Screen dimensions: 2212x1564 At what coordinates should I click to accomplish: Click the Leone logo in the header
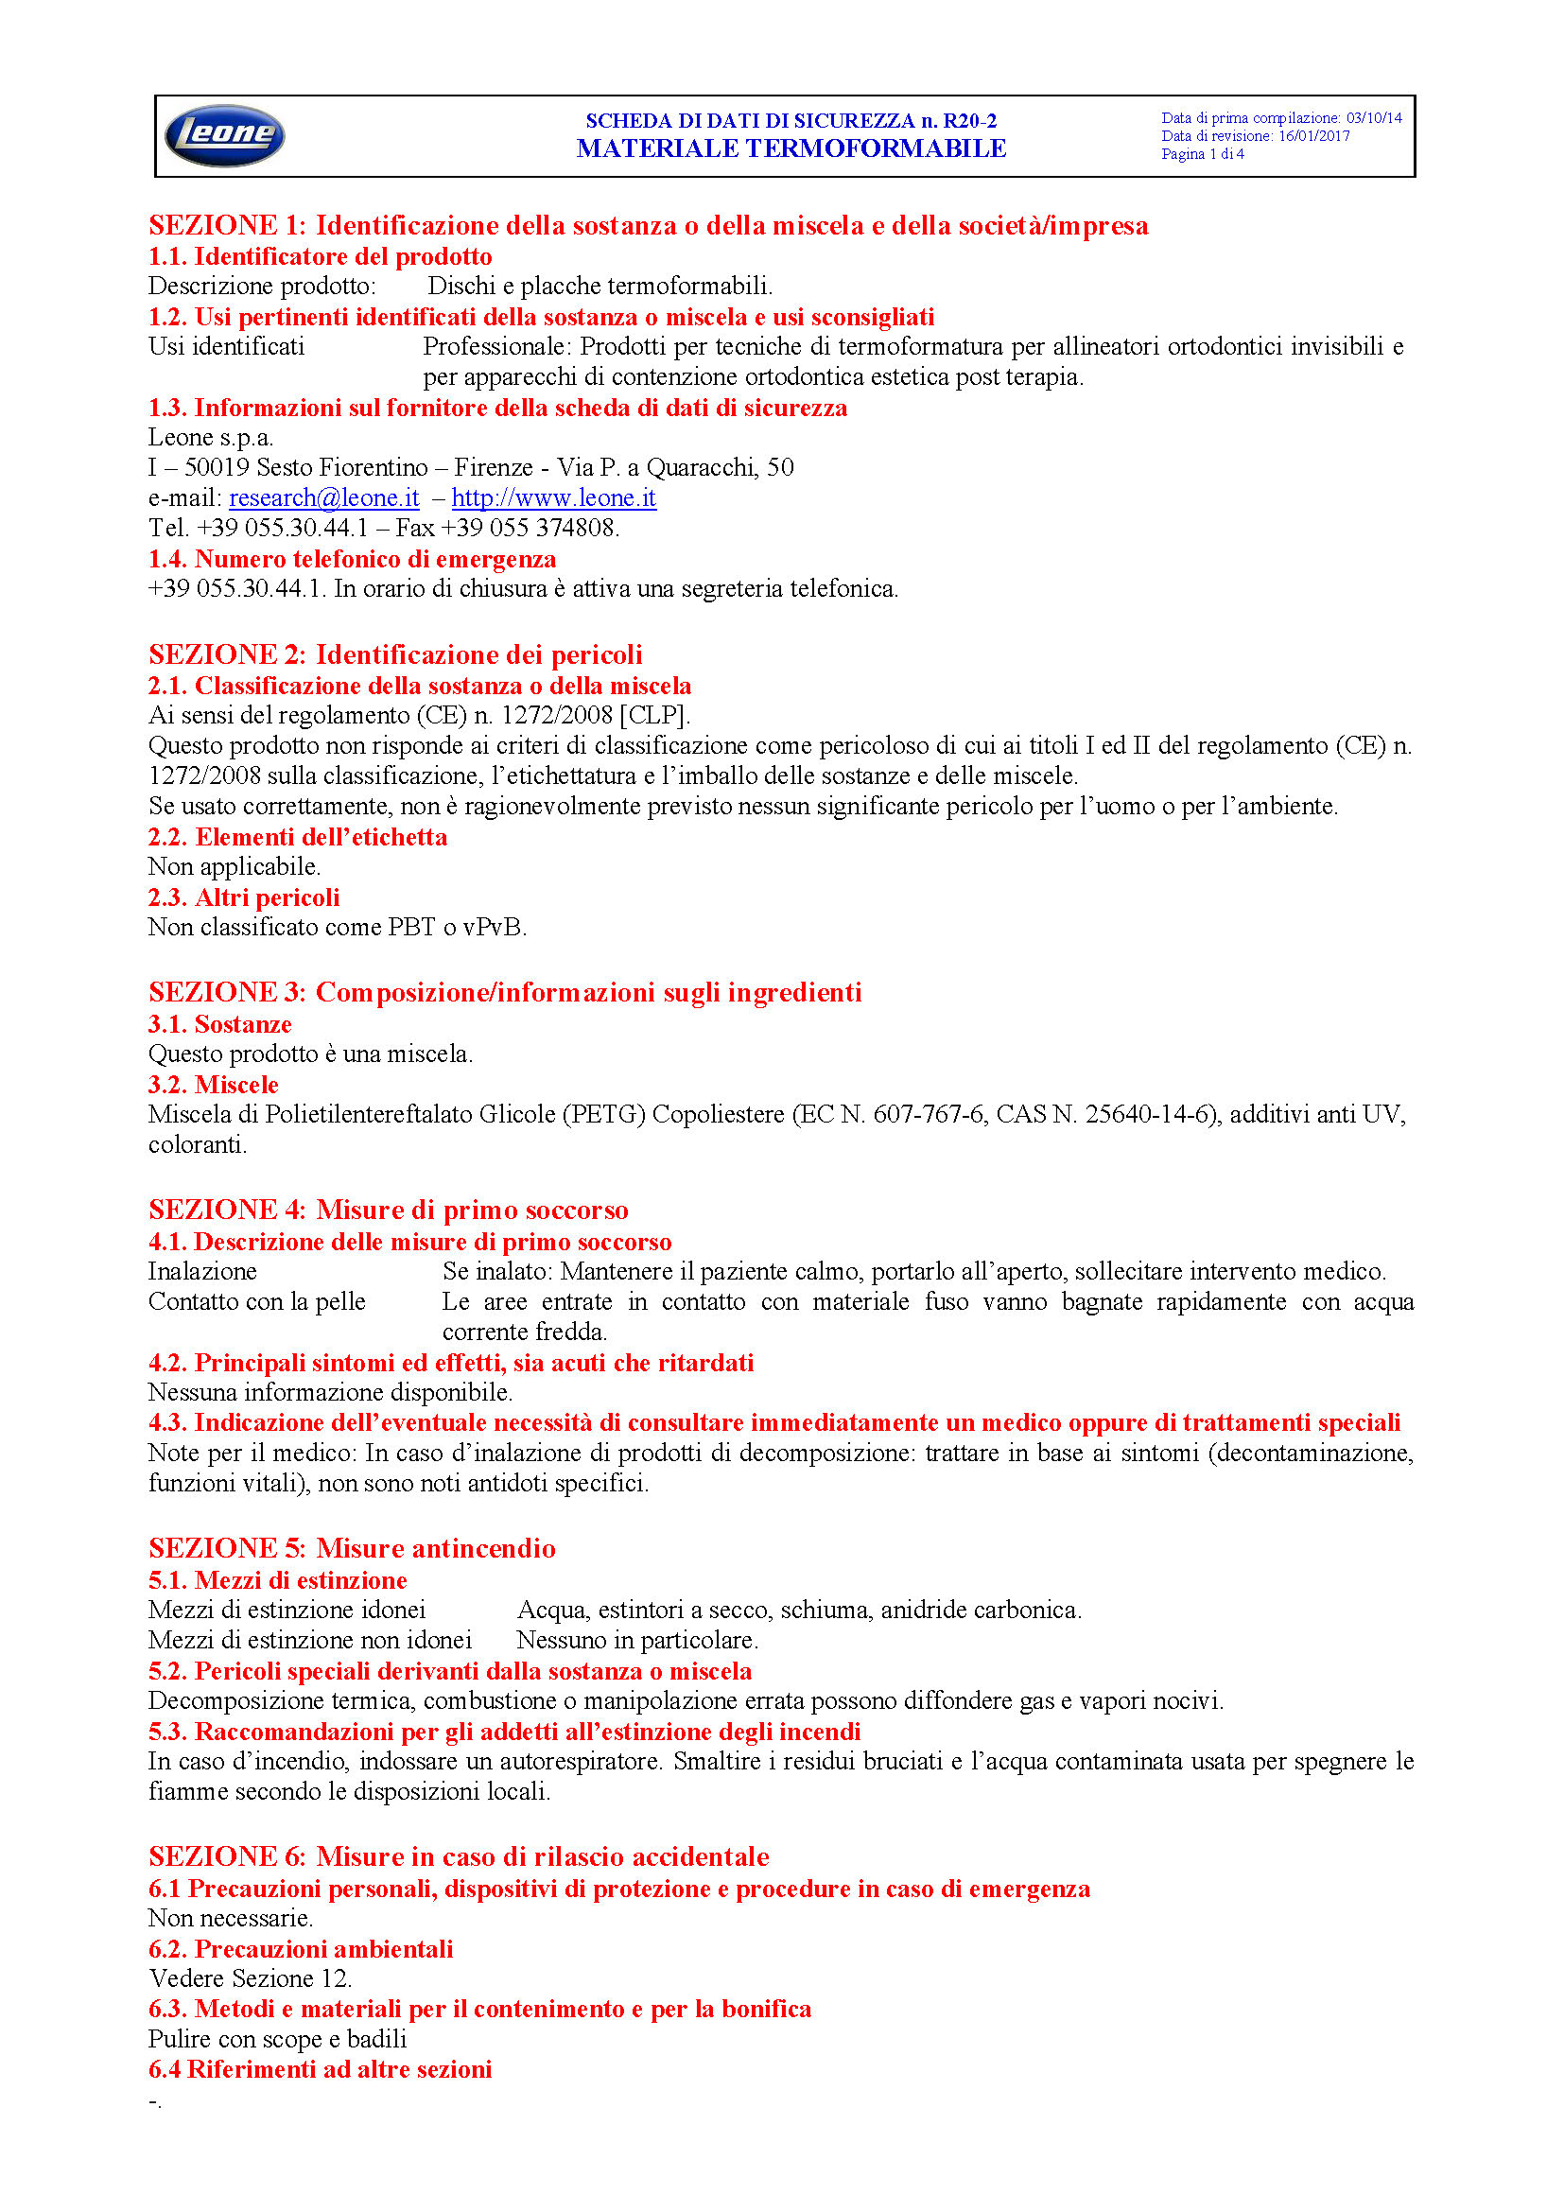224,135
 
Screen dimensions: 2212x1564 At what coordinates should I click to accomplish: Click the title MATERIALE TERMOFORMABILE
791,148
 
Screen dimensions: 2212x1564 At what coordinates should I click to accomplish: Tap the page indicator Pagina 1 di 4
1202,154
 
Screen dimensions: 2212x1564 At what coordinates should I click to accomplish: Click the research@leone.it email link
323,498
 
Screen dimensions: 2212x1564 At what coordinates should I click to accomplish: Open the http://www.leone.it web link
554,498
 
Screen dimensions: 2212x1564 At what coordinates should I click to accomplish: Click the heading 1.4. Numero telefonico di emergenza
352,559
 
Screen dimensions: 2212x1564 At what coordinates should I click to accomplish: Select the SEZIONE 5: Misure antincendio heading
352,1548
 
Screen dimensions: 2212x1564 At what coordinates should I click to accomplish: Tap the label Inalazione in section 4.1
202,1272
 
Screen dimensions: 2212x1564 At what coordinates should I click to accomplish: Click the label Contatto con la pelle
256,1301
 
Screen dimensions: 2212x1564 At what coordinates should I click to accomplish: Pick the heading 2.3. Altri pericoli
244,897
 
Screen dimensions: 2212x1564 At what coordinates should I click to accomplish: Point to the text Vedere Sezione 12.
250,1977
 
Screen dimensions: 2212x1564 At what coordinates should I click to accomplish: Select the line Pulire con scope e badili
277,2039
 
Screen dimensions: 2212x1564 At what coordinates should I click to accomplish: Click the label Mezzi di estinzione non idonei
309,1640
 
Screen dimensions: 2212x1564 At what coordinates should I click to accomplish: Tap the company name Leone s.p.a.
210,438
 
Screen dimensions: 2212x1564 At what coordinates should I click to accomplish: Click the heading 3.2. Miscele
213,1085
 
